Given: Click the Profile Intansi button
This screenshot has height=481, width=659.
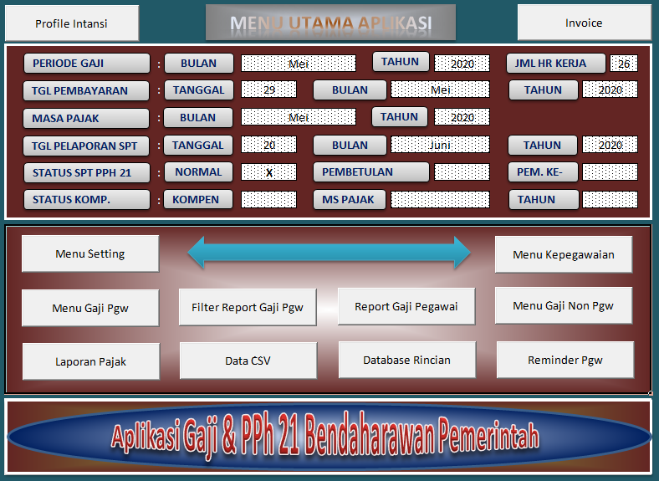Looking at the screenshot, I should (71, 23).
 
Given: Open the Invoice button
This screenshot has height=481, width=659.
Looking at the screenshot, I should (584, 23).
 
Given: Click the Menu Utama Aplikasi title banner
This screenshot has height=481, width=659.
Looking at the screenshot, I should (330, 23).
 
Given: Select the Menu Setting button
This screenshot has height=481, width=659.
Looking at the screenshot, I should (90, 253).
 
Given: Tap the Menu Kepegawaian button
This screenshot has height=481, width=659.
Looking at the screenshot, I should (564, 254).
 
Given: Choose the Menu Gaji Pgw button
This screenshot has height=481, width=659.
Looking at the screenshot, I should (90, 308).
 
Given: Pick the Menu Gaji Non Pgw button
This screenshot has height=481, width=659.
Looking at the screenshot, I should (564, 305).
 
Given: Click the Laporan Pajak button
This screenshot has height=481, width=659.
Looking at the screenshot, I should (90, 361).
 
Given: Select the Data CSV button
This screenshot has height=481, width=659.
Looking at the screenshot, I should (248, 361).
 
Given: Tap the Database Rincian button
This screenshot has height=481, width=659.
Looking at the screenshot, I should (406, 360).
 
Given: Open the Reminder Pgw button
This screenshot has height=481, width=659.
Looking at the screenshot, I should (564, 360).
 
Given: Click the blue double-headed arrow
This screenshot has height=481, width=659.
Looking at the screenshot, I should (329, 252).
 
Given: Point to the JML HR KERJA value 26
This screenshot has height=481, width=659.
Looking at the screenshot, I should (624, 64).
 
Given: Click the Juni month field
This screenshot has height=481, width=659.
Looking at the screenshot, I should (440, 145).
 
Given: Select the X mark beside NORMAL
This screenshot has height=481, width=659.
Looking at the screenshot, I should (269, 172).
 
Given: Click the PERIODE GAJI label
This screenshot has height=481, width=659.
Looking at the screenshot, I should (86, 64).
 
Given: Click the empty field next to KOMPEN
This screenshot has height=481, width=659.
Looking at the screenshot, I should (268, 200).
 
